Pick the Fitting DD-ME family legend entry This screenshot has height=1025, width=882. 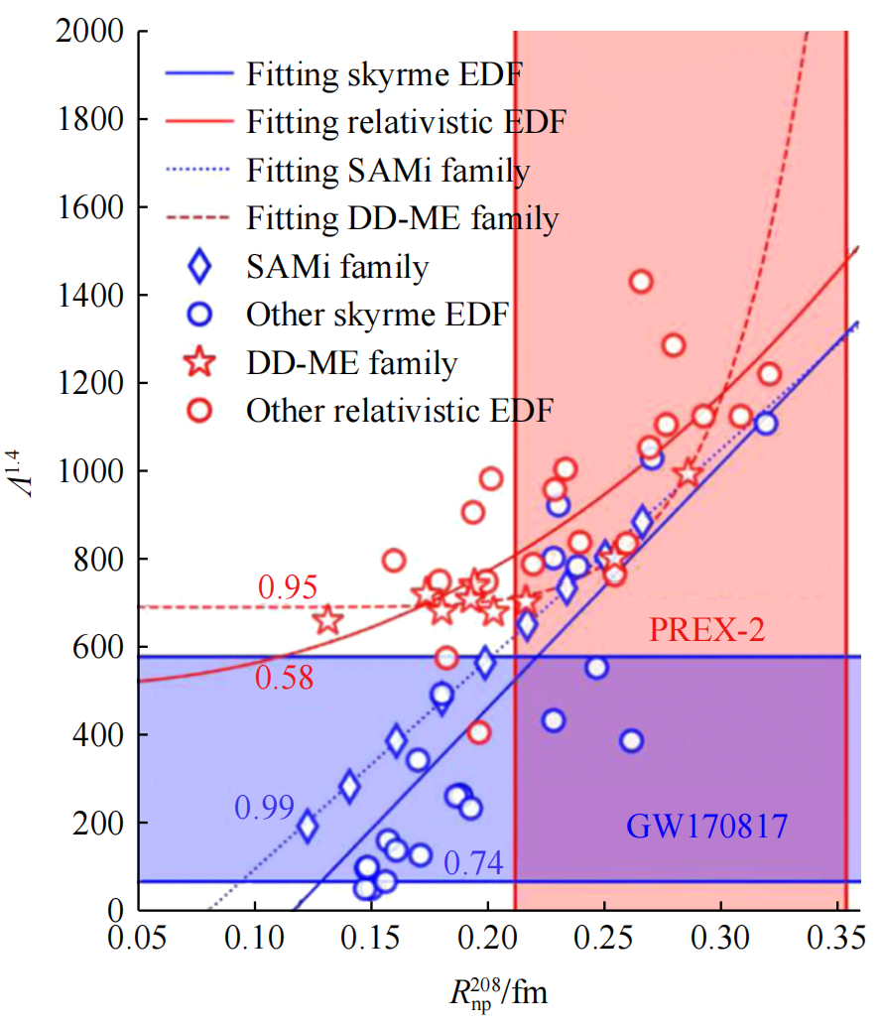(x=402, y=217)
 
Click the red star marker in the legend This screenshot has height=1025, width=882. (x=201, y=363)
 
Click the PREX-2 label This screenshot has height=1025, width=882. (x=706, y=630)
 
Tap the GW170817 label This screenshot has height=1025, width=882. (x=706, y=826)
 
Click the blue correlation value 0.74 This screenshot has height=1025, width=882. (x=474, y=865)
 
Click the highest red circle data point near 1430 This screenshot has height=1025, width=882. (x=641, y=282)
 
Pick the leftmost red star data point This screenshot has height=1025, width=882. (x=327, y=621)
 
